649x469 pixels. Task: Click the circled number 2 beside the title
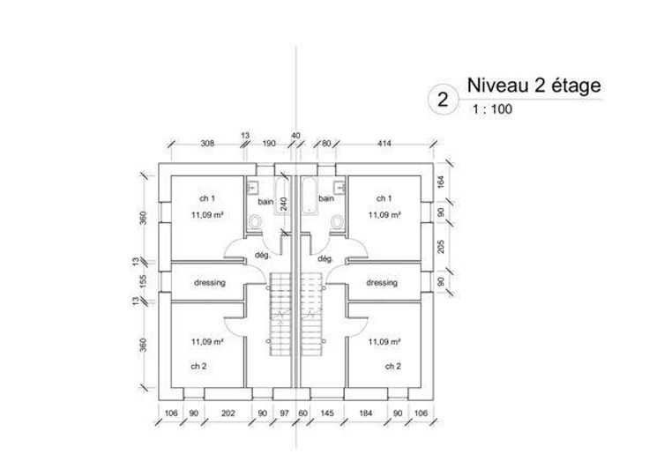coord(442,98)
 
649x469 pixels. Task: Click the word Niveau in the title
coord(490,86)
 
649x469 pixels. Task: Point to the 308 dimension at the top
coord(208,143)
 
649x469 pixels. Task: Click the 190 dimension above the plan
coord(270,143)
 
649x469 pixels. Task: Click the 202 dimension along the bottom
coord(228,412)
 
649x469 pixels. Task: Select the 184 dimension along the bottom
coord(365,412)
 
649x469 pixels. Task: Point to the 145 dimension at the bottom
coord(327,412)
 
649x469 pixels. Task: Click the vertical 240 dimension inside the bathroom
coord(283,203)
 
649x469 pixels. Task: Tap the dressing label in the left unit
coord(209,283)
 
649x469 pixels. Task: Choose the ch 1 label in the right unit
coord(383,197)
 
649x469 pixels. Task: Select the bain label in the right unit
coord(326,199)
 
